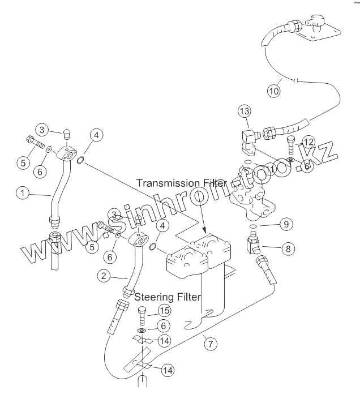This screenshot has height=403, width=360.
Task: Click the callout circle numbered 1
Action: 22,194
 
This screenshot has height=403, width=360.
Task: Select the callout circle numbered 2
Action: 103,276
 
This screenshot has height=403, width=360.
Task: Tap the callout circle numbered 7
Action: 210,344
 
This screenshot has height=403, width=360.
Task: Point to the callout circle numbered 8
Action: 288,247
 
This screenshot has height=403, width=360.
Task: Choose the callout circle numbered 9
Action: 287,225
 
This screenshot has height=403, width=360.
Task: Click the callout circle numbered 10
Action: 273,90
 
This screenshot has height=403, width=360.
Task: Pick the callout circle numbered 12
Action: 308,141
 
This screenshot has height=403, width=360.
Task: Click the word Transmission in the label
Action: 169,183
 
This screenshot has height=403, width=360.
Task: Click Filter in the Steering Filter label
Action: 189,296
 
